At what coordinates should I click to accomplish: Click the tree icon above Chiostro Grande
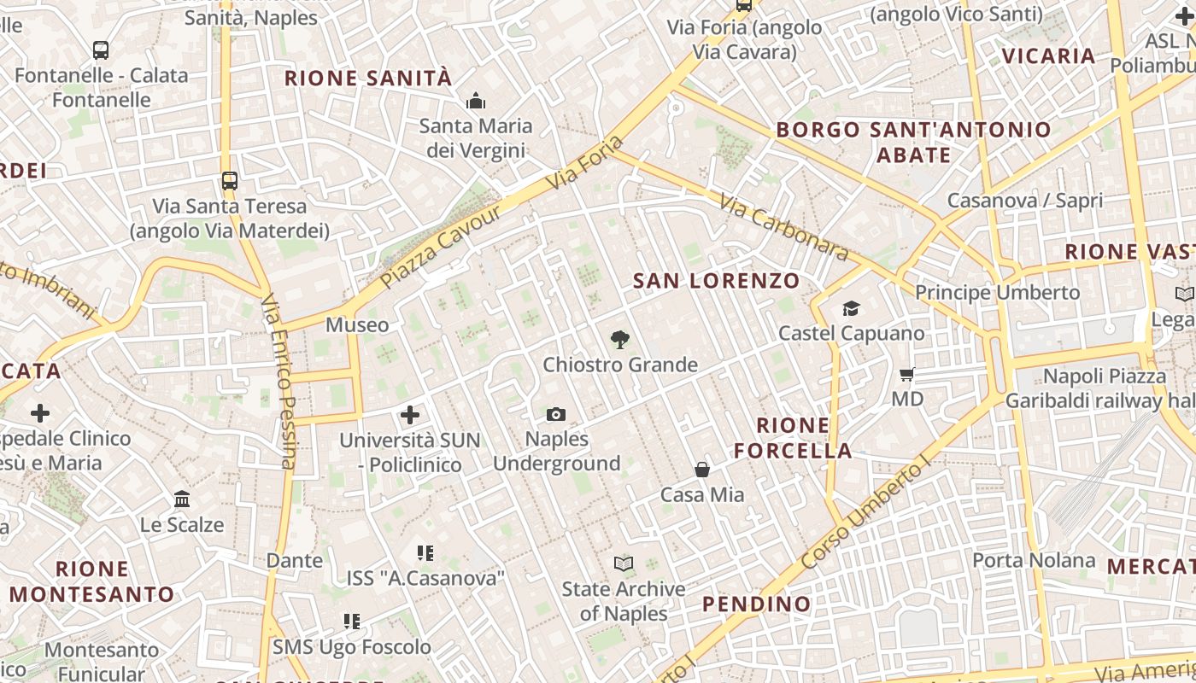(620, 340)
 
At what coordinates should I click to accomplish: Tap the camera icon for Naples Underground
(555, 415)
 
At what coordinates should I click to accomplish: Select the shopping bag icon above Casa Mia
(701, 470)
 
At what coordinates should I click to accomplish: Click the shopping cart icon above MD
(906, 374)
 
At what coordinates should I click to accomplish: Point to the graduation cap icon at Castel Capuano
(851, 308)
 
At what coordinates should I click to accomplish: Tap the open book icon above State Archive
(624, 564)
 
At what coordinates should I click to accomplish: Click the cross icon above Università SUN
(410, 416)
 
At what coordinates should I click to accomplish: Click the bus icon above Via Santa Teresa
(229, 181)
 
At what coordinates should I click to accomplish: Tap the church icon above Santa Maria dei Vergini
(476, 102)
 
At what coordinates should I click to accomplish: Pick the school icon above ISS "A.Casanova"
(425, 553)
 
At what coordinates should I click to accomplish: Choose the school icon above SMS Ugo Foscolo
(351, 622)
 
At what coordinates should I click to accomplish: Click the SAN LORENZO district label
(716, 281)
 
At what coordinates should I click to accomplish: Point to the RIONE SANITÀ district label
(367, 79)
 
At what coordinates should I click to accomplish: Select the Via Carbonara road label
(783, 227)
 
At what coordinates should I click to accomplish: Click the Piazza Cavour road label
(441, 247)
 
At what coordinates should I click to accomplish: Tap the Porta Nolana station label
(1034, 560)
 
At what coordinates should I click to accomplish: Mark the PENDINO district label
(756, 604)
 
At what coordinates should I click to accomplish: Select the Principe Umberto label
(997, 293)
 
